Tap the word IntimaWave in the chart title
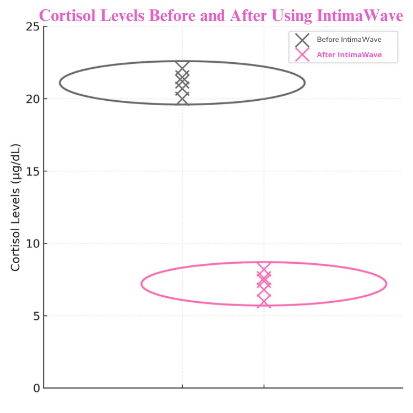(x=361, y=15)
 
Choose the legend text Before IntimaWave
(x=349, y=40)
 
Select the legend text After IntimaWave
(x=349, y=55)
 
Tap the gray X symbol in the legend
(x=302, y=40)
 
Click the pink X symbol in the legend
(x=302, y=55)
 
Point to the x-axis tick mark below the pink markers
(x=264, y=389)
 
